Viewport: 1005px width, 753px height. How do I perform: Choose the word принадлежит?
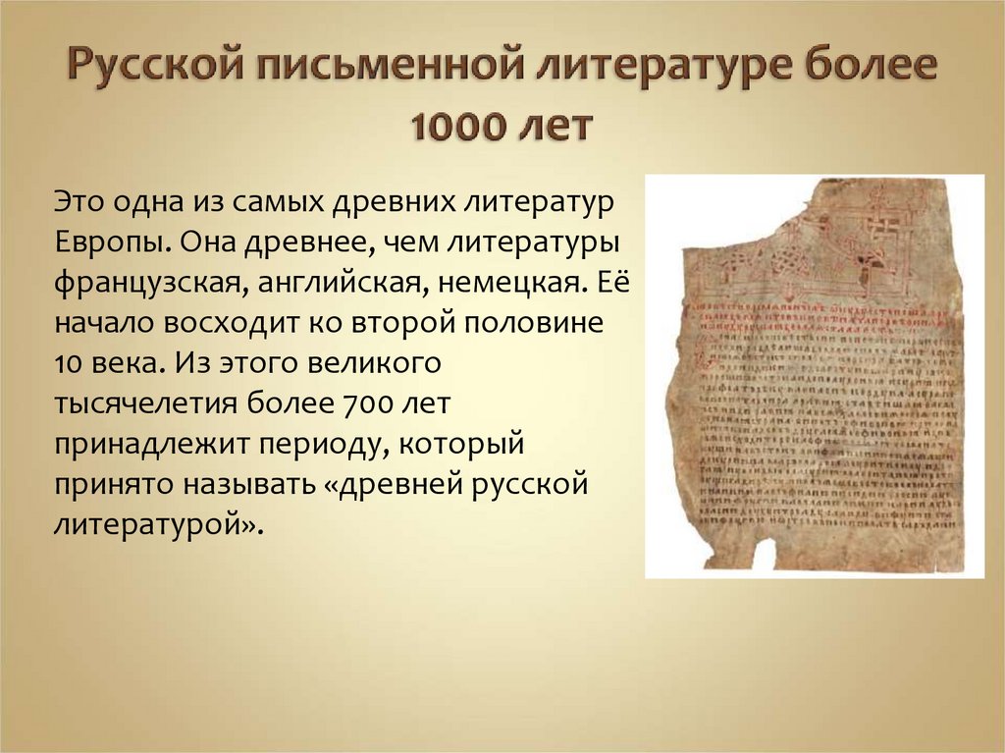coord(150,444)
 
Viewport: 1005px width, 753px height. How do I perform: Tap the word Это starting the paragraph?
coord(80,202)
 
